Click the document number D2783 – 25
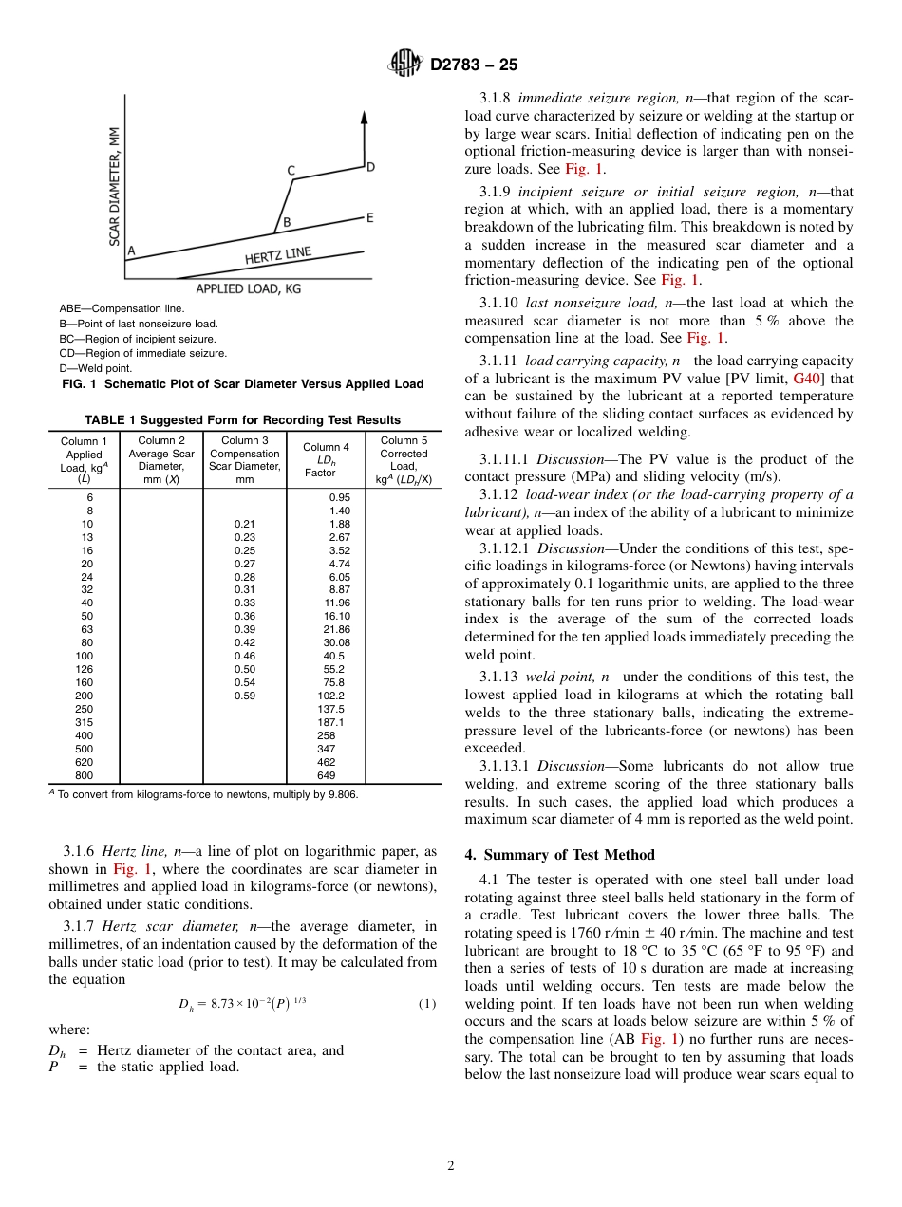(474, 65)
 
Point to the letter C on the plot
(291, 171)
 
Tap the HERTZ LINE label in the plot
(277, 256)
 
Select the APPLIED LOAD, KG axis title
(248, 288)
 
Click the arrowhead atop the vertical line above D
(365, 117)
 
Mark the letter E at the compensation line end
(369, 218)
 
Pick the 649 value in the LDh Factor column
(326, 775)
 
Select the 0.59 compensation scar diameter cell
(244, 696)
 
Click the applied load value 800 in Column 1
(84, 775)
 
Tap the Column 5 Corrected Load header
(404, 459)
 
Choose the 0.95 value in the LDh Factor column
(339, 497)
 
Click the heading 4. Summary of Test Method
(559, 855)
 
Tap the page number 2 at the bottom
(451, 1166)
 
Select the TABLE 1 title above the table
(242, 419)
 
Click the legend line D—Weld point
(96, 368)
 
